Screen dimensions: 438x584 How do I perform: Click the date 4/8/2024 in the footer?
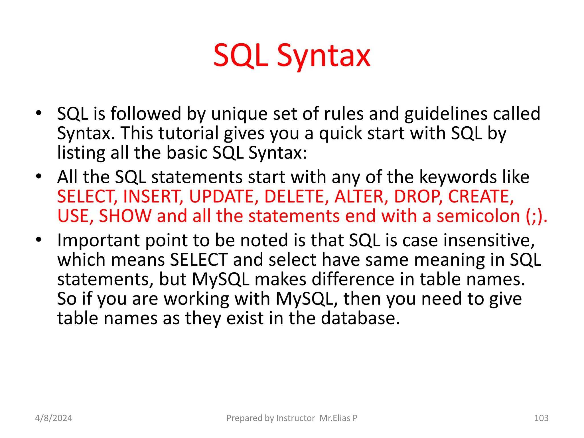pos(54,418)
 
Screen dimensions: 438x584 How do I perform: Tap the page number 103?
pos(541,418)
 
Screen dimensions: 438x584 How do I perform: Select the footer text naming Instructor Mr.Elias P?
pos(292,418)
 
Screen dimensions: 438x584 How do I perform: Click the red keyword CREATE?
pos(481,196)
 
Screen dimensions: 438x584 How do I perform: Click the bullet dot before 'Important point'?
pos(39,240)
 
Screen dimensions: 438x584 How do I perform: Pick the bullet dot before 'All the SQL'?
pos(39,176)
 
